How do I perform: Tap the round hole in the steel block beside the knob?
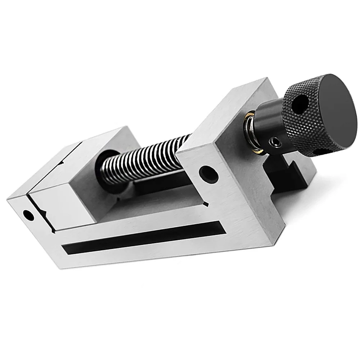tap(208, 174)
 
